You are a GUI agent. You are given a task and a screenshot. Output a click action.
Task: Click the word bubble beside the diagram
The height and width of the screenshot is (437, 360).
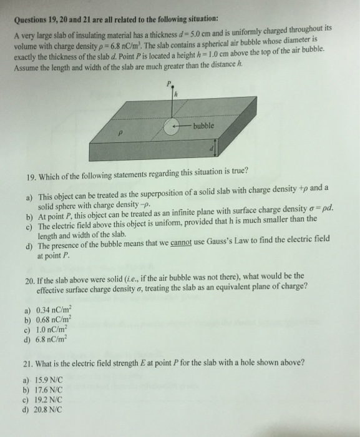[x=204, y=126]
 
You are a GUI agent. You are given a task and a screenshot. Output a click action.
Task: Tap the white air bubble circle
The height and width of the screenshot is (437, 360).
[x=173, y=127]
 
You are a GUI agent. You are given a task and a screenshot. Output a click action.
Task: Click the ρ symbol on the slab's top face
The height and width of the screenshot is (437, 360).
[x=122, y=133]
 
